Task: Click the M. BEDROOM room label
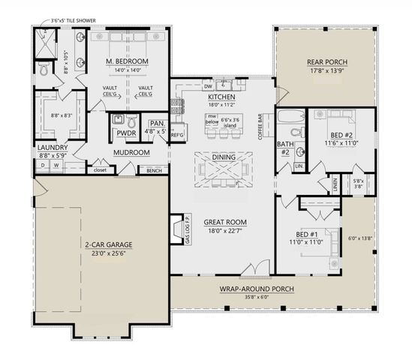point(126,61)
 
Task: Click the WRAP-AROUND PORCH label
point(256,288)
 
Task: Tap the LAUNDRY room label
point(53,148)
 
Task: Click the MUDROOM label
point(131,152)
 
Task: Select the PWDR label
point(125,133)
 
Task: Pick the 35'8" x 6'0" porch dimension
point(256,297)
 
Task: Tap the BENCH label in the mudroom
point(154,170)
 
